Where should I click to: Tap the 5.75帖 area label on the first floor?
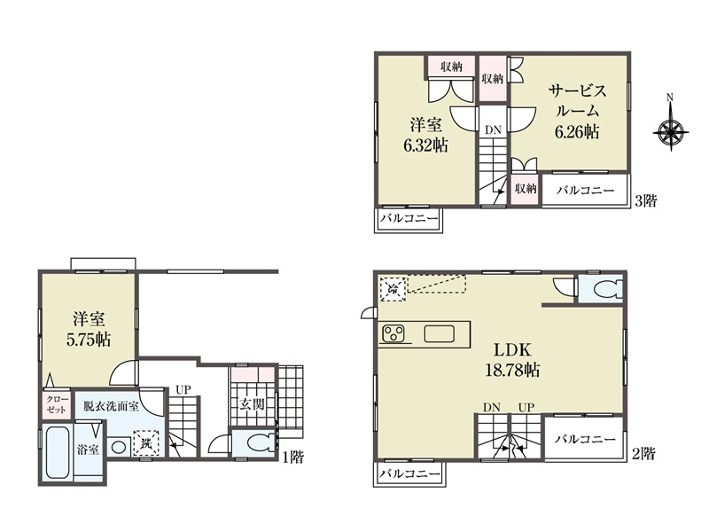89,340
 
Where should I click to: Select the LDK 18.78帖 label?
512,360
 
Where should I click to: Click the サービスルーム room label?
578,101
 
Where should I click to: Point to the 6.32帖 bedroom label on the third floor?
425,145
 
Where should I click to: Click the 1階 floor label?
293,458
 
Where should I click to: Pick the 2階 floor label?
643,453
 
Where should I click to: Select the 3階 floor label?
646,200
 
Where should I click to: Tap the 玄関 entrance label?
252,404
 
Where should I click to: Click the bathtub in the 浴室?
58,453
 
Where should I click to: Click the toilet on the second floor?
608,290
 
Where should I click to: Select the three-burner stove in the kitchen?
393,334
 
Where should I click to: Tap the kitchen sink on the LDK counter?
439,334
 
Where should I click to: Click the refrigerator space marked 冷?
393,287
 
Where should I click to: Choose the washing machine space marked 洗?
146,442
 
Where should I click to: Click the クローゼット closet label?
57,404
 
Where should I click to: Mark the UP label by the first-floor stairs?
183,389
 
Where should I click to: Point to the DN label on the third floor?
494,130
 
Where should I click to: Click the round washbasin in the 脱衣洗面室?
119,448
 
